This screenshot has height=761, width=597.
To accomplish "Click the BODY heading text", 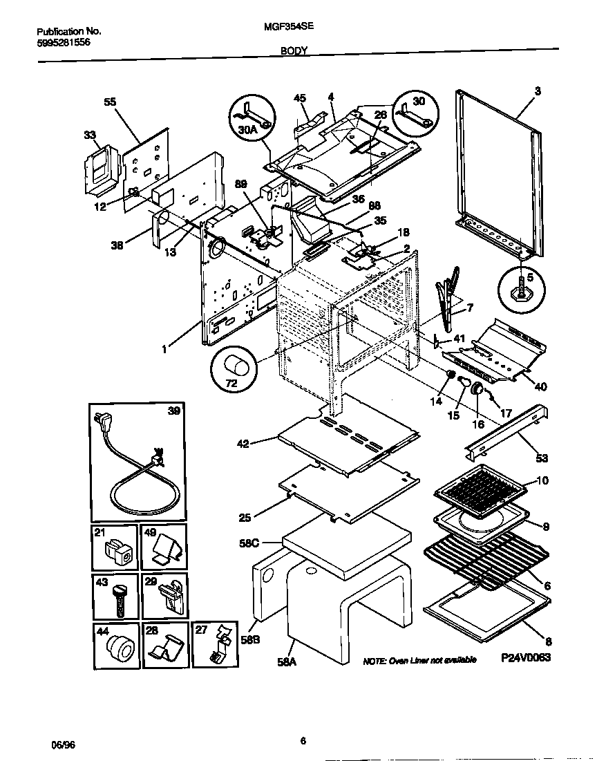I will click(294, 50).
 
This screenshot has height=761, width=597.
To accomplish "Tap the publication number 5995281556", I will click(63, 42).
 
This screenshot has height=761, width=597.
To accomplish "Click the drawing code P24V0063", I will click(526, 658).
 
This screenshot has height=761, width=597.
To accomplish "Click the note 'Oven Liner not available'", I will click(419, 660).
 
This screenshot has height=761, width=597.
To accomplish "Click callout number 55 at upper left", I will click(110, 102).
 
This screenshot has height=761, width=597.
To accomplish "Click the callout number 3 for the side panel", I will click(538, 91).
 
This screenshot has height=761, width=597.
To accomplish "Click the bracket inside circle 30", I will click(415, 115).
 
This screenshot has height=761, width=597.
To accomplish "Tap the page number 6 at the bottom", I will click(303, 742).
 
